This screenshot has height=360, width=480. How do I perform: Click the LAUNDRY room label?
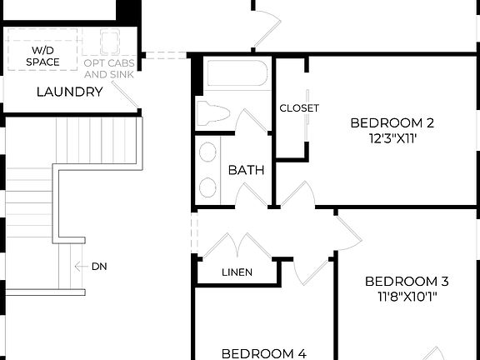[69, 92]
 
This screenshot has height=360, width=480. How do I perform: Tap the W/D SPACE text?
[42, 56]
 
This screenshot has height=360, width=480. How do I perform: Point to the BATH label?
[247, 170]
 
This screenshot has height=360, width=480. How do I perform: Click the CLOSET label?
[299, 107]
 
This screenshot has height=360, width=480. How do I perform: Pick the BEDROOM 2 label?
[392, 122]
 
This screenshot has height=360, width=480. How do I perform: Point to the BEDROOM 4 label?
[263, 352]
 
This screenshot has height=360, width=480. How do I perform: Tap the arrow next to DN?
[81, 267]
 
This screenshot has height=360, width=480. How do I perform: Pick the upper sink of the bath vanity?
[208, 153]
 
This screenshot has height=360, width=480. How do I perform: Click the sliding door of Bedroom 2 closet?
[307, 108]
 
